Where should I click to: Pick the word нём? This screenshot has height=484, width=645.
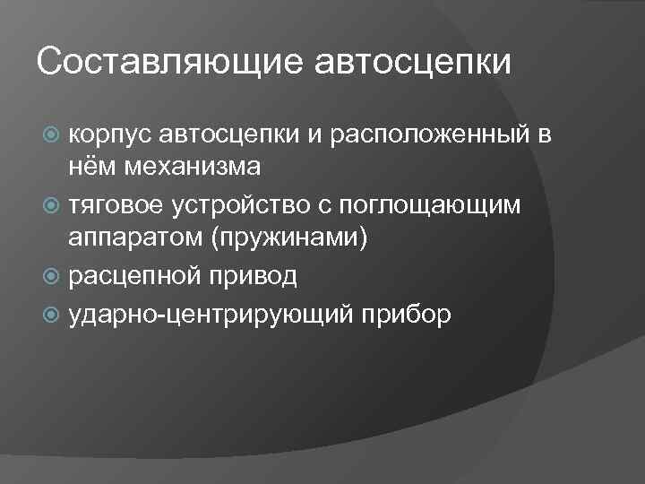(94, 166)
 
